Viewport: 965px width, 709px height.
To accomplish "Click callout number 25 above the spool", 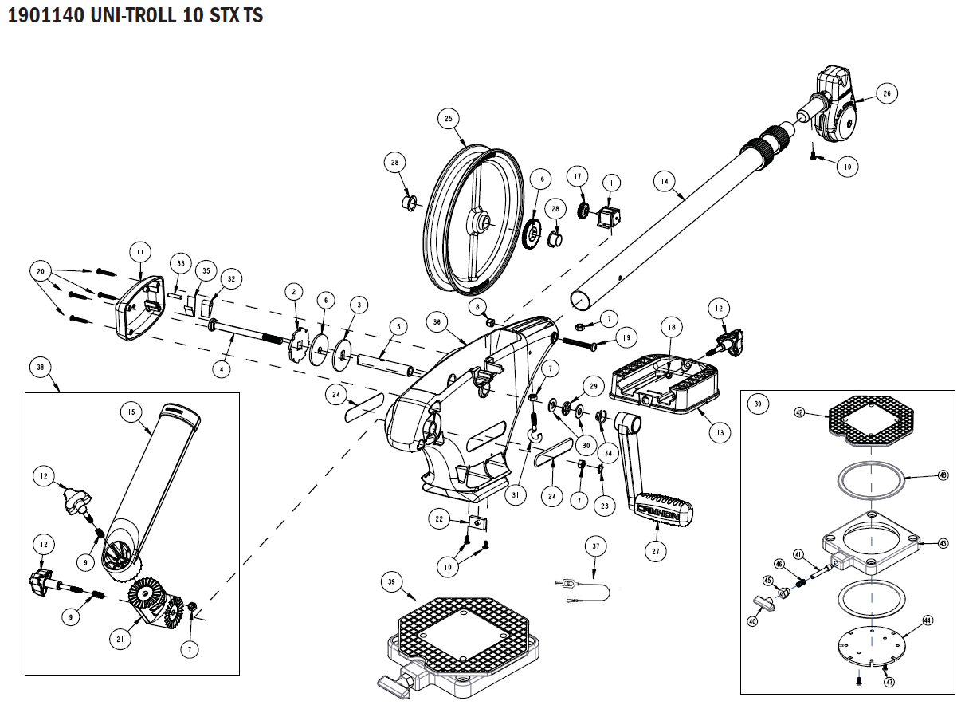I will point(448,120).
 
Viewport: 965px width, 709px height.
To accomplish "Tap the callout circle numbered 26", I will point(885,93).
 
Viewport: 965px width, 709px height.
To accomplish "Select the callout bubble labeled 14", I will point(662,181).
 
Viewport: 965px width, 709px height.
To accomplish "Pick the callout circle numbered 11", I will point(140,253).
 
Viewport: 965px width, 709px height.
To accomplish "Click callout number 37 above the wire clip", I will point(595,546).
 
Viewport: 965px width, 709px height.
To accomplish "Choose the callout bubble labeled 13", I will point(719,433).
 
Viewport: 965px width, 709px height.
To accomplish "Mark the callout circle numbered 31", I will point(516,494).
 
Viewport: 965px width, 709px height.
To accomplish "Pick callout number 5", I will point(397,326).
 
